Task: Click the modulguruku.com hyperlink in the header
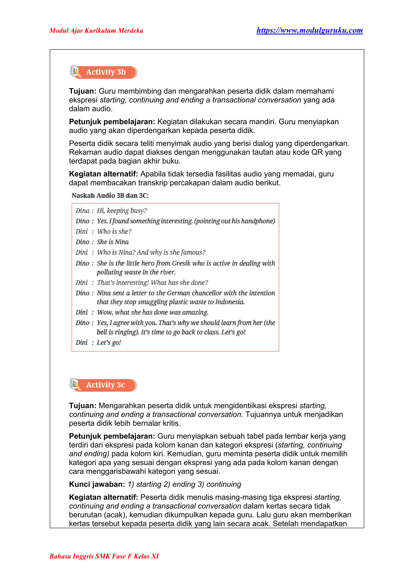click(309, 30)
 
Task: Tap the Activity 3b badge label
click(106, 72)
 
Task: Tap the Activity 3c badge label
click(105, 385)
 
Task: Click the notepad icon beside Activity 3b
click(75, 72)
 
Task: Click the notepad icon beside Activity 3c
click(75, 384)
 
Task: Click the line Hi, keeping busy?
click(122, 210)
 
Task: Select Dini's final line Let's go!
click(109, 342)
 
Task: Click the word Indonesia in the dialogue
click(230, 302)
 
